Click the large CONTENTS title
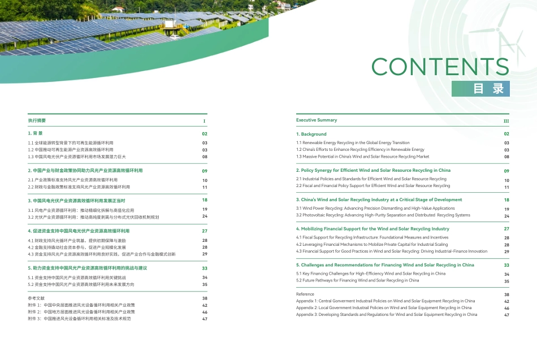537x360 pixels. [440, 67]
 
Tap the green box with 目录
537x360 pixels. [480, 89]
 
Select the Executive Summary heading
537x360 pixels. [317, 120]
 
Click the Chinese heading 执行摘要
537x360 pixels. [37, 120]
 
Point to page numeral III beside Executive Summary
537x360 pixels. [506, 121]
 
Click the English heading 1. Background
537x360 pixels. [311, 134]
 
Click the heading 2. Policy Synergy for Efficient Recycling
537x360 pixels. [373, 170]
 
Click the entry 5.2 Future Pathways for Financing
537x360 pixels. [357, 280]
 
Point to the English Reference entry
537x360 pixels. [305, 294]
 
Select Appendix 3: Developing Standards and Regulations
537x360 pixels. [386, 315]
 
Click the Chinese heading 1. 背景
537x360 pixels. [36, 134]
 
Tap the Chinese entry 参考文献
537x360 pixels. [36, 298]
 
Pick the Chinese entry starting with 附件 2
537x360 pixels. [81, 312]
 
